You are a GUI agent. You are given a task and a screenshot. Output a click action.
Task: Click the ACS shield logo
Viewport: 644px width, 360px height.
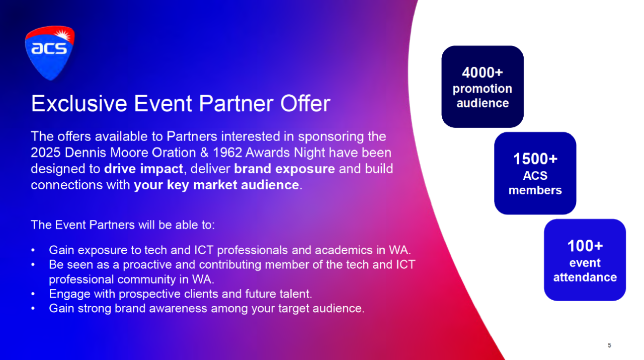pyautogui.click(x=50, y=53)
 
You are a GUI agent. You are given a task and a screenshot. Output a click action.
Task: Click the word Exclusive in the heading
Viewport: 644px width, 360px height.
pyautogui.click(x=79, y=103)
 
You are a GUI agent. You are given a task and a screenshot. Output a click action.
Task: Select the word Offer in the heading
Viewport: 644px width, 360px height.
pyautogui.click(x=305, y=103)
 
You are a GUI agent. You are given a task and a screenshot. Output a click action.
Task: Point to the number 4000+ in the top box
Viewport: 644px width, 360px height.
pyautogui.click(x=482, y=72)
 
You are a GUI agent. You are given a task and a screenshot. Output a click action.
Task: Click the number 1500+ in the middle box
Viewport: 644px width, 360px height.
pyautogui.click(x=535, y=159)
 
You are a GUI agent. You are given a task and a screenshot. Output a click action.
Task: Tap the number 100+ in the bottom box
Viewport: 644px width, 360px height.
pyautogui.click(x=585, y=246)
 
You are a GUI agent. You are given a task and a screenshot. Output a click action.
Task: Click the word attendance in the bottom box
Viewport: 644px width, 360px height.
pyautogui.click(x=585, y=277)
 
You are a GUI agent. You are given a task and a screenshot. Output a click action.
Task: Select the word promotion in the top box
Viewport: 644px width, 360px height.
pyautogui.click(x=482, y=89)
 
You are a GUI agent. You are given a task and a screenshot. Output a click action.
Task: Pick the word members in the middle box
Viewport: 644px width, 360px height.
pyautogui.click(x=535, y=190)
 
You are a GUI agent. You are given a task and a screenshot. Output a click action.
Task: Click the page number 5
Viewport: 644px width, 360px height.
pyautogui.click(x=609, y=345)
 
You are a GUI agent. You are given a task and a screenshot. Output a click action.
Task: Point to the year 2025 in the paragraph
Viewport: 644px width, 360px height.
pyautogui.click(x=46, y=153)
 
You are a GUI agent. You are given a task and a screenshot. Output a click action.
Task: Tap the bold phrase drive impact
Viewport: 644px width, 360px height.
pyautogui.click(x=143, y=169)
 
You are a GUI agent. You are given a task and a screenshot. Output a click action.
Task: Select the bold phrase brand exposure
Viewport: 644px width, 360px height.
pyautogui.click(x=284, y=169)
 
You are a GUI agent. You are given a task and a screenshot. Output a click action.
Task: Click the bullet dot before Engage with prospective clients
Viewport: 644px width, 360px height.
pyautogui.click(x=33, y=294)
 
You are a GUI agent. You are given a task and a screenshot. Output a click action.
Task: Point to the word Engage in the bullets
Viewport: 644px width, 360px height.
pyautogui.click(x=69, y=295)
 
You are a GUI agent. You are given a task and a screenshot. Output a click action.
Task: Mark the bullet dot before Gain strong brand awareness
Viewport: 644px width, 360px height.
pyautogui.click(x=33, y=309)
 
